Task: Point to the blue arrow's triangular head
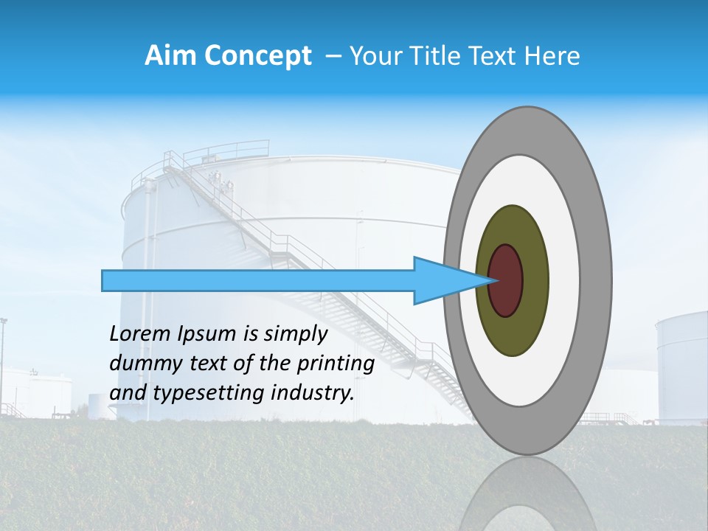click(x=442, y=281)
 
